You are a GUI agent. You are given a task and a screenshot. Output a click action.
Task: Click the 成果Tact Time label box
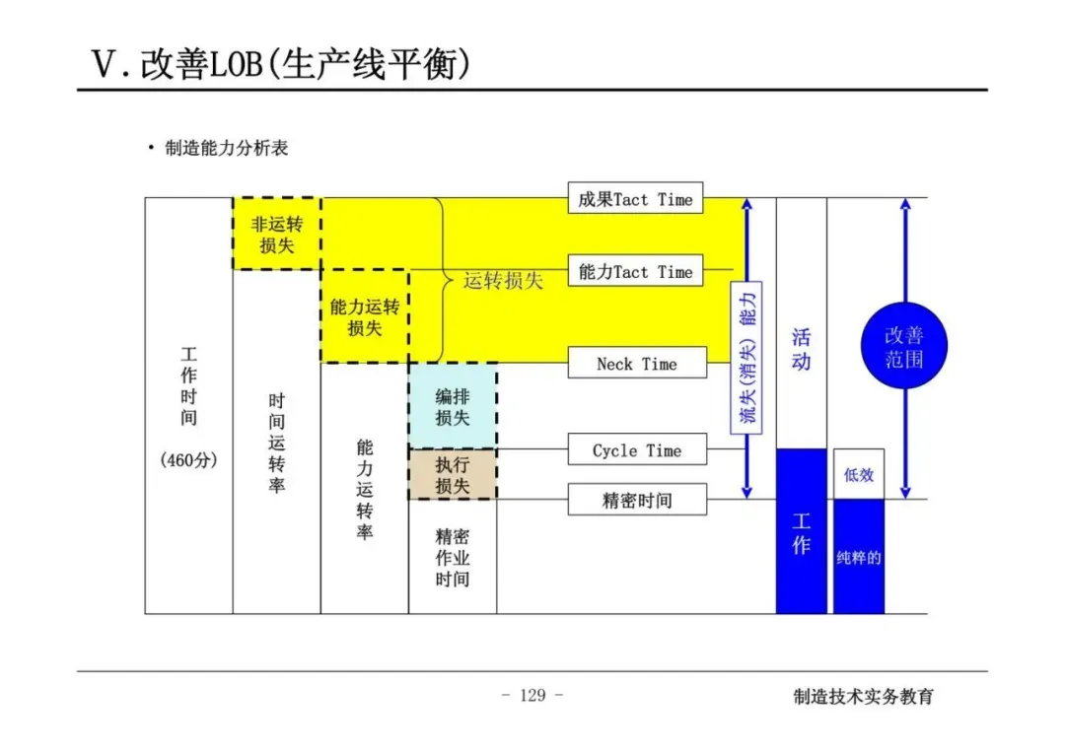point(635,199)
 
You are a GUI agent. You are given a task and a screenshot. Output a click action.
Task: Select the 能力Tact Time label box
point(635,271)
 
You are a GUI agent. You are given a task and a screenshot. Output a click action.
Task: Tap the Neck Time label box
point(636,364)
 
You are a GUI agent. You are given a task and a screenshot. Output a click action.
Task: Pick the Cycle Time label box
point(636,450)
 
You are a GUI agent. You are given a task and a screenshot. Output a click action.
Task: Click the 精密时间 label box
point(636,500)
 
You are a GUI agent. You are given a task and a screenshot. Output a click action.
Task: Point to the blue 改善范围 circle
point(903,346)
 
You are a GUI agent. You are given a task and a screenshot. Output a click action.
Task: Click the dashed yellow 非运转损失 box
point(277,234)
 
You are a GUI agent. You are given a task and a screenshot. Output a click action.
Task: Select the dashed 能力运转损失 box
point(365,316)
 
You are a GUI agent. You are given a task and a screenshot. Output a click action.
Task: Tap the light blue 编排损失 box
point(453,406)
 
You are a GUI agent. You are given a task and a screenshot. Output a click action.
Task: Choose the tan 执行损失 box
point(453,474)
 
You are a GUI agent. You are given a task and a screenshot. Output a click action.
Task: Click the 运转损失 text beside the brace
point(503,280)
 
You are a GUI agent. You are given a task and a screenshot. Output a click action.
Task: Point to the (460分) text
point(188,460)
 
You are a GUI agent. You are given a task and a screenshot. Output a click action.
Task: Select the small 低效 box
point(859,474)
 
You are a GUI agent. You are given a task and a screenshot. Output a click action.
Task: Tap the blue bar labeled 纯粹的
point(859,557)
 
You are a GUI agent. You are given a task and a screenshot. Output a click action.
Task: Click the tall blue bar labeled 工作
point(801,532)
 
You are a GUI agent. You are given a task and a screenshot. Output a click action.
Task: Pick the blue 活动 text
point(801,349)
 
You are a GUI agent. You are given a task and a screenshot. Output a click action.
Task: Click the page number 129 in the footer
point(532,695)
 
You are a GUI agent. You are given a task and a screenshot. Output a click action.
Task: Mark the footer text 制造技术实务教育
point(863,696)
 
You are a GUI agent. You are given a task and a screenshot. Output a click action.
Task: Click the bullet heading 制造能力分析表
point(226,149)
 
